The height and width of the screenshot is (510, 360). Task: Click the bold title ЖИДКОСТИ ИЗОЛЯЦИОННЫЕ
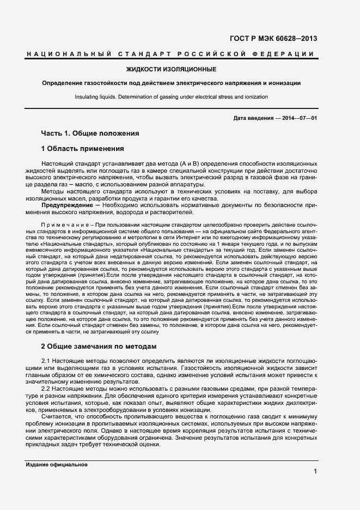point(171,69)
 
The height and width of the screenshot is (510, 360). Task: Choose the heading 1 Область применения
point(83,148)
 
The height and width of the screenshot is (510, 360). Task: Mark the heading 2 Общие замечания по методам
point(99,346)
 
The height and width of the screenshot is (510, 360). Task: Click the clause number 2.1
point(46,362)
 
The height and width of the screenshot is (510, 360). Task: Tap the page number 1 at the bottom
point(315,472)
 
